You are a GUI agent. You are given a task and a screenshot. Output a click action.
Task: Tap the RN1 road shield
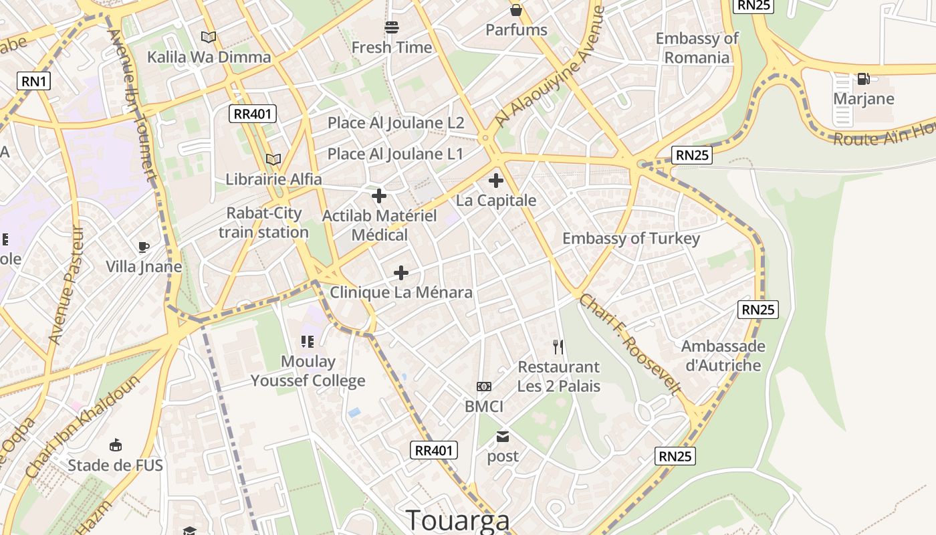(x=34, y=82)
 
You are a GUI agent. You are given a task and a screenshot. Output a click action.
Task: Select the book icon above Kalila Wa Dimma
(x=209, y=37)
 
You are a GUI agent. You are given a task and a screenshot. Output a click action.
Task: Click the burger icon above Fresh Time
(x=392, y=27)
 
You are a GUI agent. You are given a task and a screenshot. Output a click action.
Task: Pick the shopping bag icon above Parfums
(x=516, y=9)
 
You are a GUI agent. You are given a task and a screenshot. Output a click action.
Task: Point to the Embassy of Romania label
(x=697, y=47)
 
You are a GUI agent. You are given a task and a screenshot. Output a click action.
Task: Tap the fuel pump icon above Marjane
(x=863, y=79)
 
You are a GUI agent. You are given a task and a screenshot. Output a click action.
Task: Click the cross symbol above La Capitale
(x=496, y=180)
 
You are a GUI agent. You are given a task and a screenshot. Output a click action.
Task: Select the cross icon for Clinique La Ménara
(x=401, y=272)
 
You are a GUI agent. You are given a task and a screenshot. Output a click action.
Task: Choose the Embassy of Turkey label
(x=631, y=238)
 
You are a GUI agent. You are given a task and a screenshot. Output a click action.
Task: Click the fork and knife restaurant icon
(x=559, y=346)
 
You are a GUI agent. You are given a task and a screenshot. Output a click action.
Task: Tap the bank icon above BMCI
(x=484, y=387)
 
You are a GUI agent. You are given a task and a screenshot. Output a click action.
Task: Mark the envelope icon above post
(x=503, y=437)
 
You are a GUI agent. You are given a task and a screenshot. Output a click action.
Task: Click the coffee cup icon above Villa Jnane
(x=144, y=247)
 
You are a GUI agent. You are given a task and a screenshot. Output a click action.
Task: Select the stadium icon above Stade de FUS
(x=115, y=445)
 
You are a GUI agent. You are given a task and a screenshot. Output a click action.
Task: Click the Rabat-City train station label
(x=263, y=223)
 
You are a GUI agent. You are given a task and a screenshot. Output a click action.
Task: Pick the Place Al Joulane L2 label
(x=395, y=123)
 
